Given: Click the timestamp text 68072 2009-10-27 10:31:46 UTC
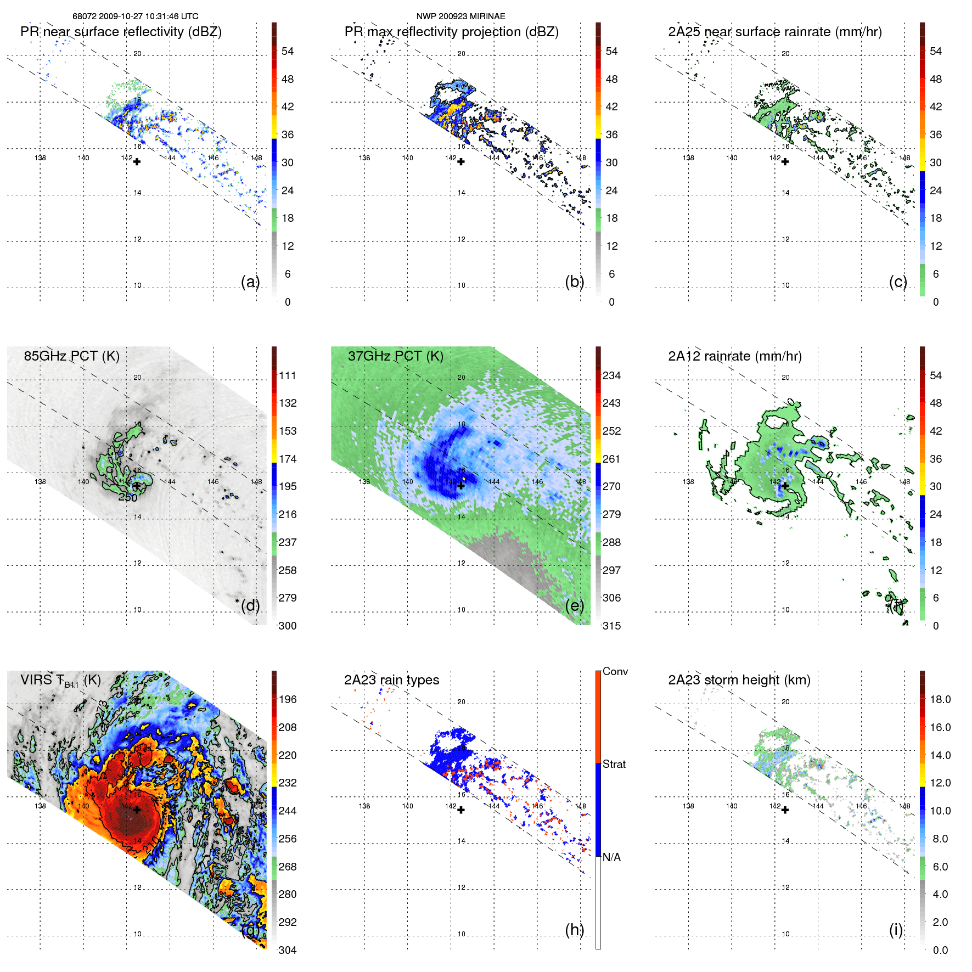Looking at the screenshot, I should (x=135, y=16).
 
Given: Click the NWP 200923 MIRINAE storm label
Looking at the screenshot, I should (x=460, y=16).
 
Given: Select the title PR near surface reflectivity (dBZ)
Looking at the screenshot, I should (x=121, y=32).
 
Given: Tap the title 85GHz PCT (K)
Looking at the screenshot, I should (x=71, y=356).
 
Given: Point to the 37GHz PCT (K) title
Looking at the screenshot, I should (x=395, y=356).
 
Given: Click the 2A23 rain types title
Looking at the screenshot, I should (x=391, y=680).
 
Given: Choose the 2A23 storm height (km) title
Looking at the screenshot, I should (x=739, y=680).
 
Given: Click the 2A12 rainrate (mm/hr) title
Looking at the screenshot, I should (x=734, y=356).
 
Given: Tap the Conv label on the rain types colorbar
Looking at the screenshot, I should (x=615, y=671).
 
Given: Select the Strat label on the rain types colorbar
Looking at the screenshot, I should (x=614, y=764).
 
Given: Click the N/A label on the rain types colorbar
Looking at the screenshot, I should (x=611, y=857).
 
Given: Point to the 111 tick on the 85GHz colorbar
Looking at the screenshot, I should (x=288, y=375).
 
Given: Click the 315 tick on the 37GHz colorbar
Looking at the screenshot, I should (x=611, y=626).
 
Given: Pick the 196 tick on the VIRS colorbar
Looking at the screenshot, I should (x=288, y=699).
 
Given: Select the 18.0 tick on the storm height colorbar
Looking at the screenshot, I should (x=940, y=699).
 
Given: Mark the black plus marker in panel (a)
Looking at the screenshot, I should (x=137, y=162).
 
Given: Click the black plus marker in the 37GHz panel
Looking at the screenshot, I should (x=461, y=486).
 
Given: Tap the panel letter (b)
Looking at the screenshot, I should (x=574, y=282).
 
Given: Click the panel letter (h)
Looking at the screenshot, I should (x=574, y=930).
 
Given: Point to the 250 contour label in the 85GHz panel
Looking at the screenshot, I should (x=128, y=497).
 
